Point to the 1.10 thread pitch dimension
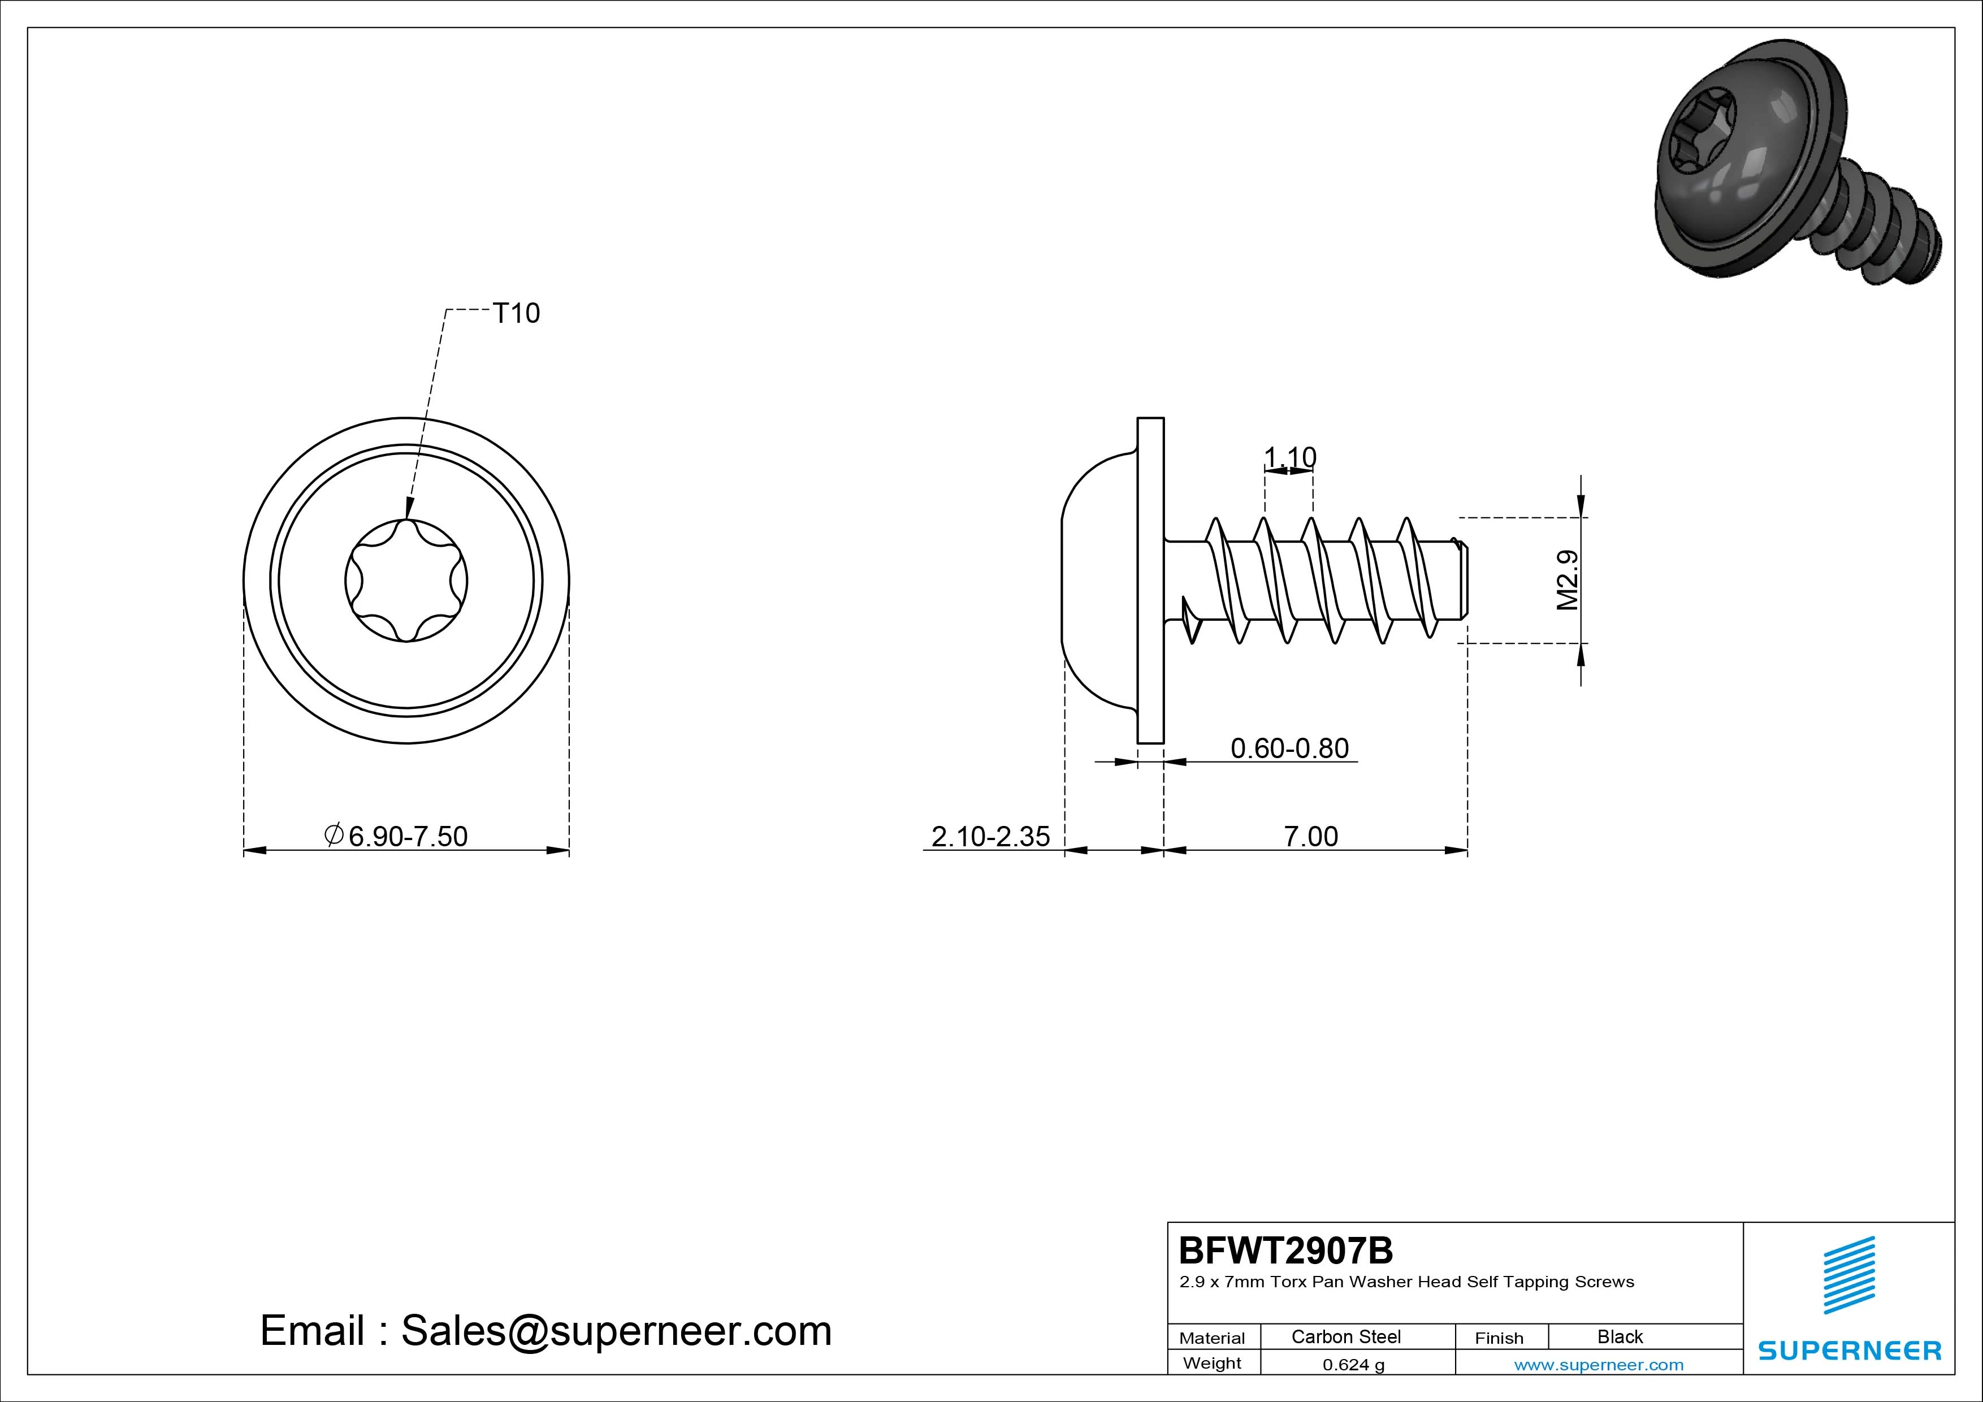[x=1289, y=456]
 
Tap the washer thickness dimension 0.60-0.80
[x=1289, y=747]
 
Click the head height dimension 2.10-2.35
[x=990, y=836]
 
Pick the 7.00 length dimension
[x=1310, y=836]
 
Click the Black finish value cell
[x=1620, y=1336]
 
